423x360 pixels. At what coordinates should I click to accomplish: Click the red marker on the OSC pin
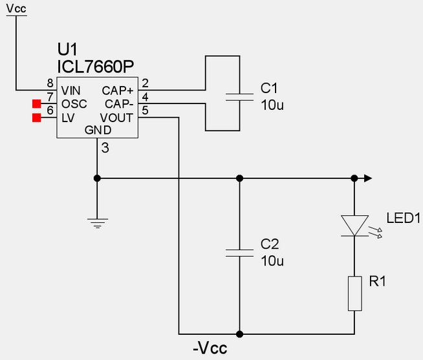click(x=37, y=103)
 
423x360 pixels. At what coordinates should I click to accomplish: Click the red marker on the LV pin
click(x=37, y=117)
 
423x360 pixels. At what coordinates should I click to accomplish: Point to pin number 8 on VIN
click(x=50, y=83)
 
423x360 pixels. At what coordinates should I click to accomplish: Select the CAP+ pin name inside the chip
click(x=118, y=90)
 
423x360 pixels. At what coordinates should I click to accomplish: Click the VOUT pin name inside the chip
click(x=116, y=118)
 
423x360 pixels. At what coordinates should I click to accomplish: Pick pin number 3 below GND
click(x=105, y=149)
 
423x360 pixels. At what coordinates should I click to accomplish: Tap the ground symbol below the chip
click(x=97, y=224)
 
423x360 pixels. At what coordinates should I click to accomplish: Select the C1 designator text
click(x=268, y=88)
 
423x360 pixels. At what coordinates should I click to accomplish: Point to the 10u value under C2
click(x=272, y=260)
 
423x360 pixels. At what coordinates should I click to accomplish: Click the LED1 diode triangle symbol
click(x=354, y=226)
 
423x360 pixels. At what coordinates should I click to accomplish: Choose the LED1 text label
click(x=404, y=218)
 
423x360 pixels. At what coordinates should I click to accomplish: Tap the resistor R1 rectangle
click(x=354, y=294)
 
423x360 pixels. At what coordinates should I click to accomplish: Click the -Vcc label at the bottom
click(x=210, y=349)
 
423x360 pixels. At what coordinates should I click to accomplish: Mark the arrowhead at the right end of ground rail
click(x=369, y=178)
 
